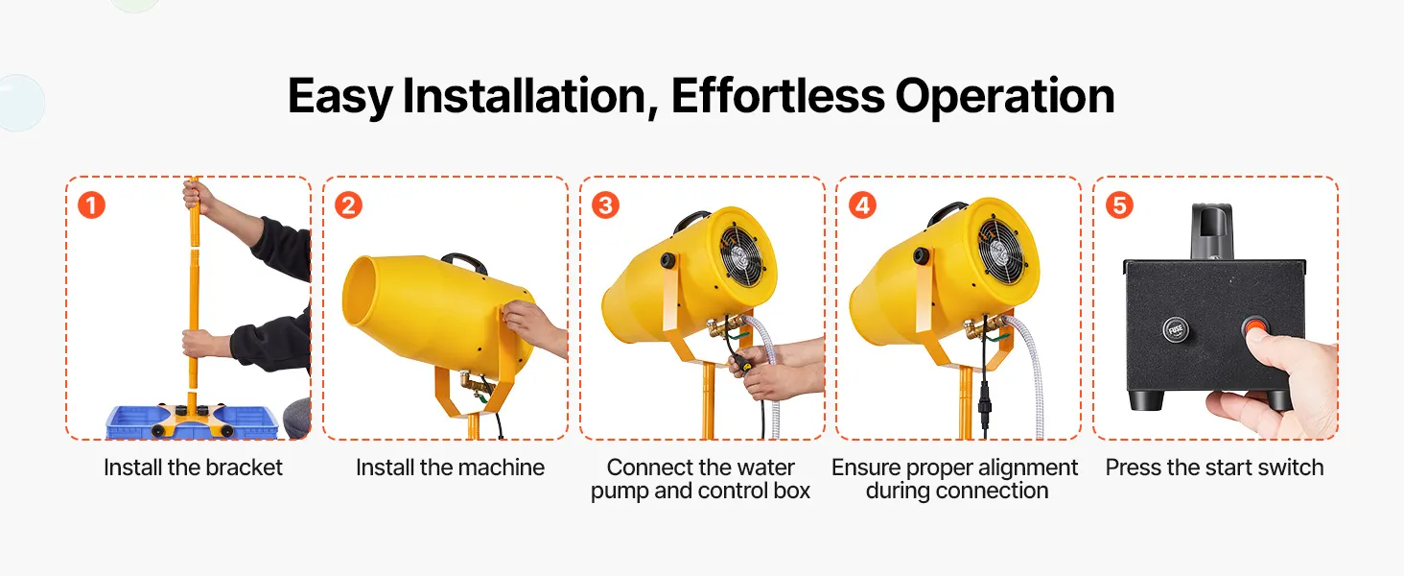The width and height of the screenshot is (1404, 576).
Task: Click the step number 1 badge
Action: pos(91,205)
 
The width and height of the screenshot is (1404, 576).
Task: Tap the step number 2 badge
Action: pos(348,205)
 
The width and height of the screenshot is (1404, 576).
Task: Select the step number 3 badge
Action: pos(605,205)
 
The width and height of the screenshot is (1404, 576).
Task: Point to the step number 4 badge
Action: pos(862,205)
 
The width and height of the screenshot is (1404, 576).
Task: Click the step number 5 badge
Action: pos(1119,205)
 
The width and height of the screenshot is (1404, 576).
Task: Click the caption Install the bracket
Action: pos(193,468)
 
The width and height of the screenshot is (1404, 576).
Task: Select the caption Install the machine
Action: pos(450,468)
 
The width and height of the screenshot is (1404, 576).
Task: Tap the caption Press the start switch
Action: pos(1215,468)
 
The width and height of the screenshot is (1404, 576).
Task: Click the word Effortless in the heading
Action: pos(778,96)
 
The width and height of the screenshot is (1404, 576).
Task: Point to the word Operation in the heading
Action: pos(1005,97)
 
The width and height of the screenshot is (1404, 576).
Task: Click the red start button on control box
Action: pos(1255,327)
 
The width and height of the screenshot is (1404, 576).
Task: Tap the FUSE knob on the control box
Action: pos(1176,329)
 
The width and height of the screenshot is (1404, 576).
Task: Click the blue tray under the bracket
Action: pos(192,421)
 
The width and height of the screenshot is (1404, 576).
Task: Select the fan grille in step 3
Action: pos(741,255)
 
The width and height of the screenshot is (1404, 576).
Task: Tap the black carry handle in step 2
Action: pos(464,261)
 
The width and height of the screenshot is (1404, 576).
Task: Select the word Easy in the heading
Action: pos(339,97)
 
